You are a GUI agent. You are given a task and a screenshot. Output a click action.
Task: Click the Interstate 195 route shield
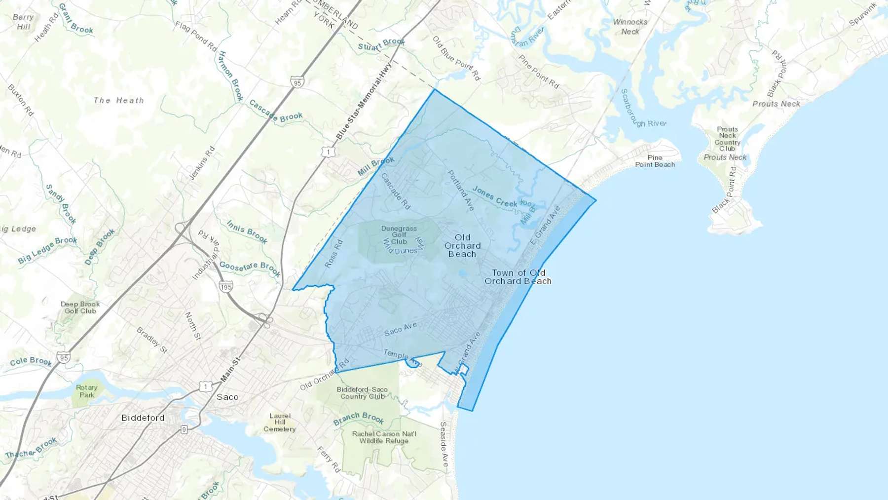226,287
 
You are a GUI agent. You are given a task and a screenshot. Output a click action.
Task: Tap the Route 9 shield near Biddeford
184,429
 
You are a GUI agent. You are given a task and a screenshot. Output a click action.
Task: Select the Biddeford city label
143,418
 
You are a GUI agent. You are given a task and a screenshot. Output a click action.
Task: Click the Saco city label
227,397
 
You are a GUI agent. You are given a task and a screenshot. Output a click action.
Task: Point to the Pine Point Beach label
655,161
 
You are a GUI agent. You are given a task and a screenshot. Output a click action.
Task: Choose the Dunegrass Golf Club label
399,235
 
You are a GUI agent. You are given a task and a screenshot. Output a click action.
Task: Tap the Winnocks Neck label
630,27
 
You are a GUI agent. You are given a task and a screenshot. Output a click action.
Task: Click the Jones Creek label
495,196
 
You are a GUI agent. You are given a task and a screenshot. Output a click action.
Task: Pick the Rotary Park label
87,391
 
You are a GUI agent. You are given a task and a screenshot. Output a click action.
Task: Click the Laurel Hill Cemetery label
280,423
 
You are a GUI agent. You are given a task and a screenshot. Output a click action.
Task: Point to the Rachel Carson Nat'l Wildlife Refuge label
384,437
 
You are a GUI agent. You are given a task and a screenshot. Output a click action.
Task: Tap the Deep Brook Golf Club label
80,308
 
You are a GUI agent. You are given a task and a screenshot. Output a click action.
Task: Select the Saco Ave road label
401,329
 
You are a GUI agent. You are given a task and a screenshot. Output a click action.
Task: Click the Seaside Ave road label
444,444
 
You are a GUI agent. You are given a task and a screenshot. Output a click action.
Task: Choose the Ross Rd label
334,254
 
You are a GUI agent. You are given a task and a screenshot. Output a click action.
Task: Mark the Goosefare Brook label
250,269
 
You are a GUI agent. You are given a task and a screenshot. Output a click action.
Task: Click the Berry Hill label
23,22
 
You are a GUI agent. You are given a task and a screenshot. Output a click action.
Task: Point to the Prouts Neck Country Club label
727,139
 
